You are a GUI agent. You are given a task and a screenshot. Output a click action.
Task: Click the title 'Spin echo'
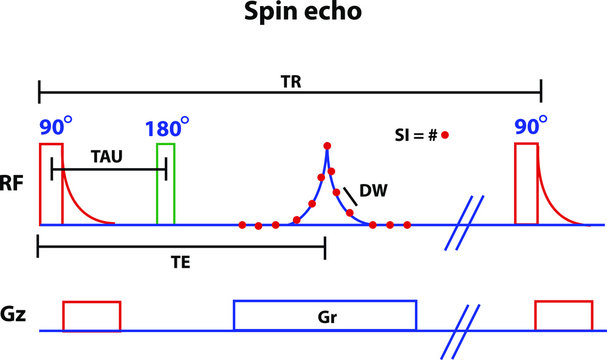click(303, 18)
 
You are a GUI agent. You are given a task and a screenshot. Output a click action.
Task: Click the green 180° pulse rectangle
click(166, 184)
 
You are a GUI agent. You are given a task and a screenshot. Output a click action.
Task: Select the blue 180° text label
click(166, 128)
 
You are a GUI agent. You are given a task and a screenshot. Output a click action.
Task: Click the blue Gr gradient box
click(324, 314)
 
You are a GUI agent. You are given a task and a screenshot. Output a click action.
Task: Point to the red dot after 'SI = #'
click(445, 134)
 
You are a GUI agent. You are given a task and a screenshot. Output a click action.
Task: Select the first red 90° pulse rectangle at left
click(51, 184)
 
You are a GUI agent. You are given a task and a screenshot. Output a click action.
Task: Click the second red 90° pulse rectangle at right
click(526, 184)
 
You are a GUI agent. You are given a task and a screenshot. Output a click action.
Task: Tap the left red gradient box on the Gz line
click(91, 315)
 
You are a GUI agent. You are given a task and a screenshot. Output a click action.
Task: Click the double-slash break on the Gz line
click(456, 329)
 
